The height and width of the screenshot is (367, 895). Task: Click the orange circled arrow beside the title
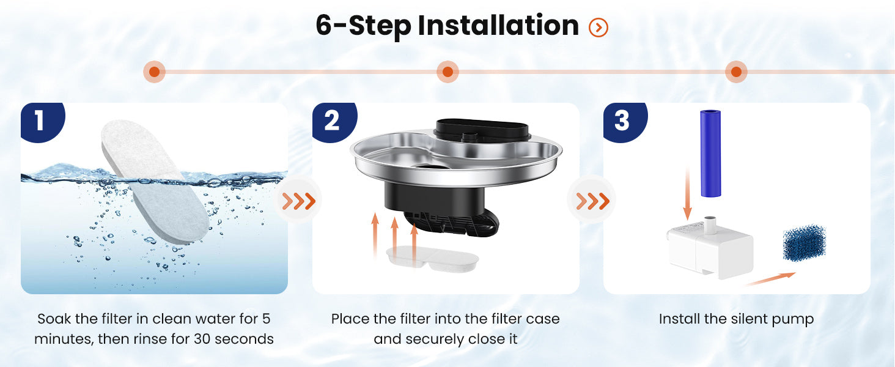coord(598,27)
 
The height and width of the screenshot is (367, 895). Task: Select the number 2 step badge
coord(333,121)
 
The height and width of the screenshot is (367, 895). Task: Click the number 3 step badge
coord(624,121)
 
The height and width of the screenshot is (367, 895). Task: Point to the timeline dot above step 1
coord(154,72)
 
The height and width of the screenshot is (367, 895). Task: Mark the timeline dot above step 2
coord(447,72)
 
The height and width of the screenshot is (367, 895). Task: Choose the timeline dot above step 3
coord(736,72)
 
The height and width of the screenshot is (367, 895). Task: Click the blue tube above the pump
coord(710,154)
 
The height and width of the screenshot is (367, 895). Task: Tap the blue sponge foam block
coord(804,243)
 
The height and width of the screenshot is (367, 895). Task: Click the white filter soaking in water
coord(155,182)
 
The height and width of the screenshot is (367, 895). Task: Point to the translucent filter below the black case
coord(432,259)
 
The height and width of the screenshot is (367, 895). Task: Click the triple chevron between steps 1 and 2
coord(299,201)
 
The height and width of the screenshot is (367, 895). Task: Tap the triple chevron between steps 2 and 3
coord(592,201)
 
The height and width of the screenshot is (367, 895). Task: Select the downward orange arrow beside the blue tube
coord(687,193)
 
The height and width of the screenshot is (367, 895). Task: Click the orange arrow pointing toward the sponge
coord(770,279)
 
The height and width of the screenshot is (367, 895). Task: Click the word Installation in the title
coord(498,26)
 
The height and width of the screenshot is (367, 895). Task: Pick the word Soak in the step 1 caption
coord(54,319)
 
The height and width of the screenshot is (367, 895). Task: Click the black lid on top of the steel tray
coord(482,130)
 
